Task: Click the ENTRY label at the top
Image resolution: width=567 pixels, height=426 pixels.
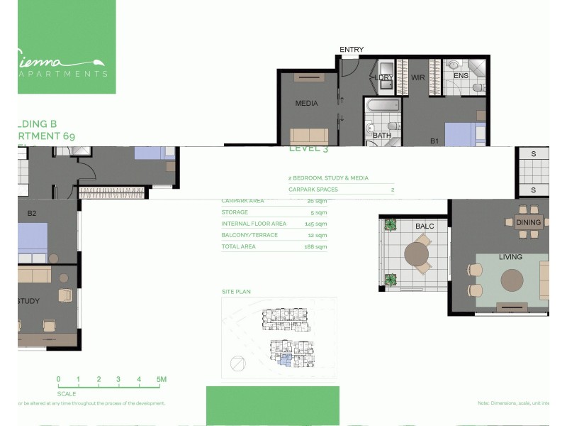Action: click(352, 50)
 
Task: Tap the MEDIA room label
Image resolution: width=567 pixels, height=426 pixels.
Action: click(306, 104)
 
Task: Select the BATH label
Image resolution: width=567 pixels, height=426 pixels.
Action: click(382, 136)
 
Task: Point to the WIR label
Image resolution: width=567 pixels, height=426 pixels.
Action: click(417, 77)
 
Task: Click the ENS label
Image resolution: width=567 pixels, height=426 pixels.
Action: click(461, 76)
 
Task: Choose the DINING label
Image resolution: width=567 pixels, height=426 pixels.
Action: click(528, 222)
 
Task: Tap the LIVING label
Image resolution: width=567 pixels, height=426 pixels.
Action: click(510, 257)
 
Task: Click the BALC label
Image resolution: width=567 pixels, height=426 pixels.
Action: click(425, 226)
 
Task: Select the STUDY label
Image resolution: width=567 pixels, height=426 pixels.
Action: click(28, 301)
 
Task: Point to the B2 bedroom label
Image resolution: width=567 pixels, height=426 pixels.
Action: click(32, 213)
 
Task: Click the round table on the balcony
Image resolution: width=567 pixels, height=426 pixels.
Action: click(417, 254)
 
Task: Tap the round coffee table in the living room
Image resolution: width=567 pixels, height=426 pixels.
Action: click(513, 280)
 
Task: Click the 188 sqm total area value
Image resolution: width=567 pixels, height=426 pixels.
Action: click(316, 247)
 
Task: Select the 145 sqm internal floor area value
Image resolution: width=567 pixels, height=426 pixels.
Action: click(316, 224)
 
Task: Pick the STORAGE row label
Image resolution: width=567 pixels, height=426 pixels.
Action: click(235, 212)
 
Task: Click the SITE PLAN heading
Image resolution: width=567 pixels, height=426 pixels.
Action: click(236, 292)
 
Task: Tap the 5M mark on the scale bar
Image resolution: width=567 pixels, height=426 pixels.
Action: click(162, 380)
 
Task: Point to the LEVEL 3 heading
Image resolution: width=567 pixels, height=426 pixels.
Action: click(308, 150)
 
